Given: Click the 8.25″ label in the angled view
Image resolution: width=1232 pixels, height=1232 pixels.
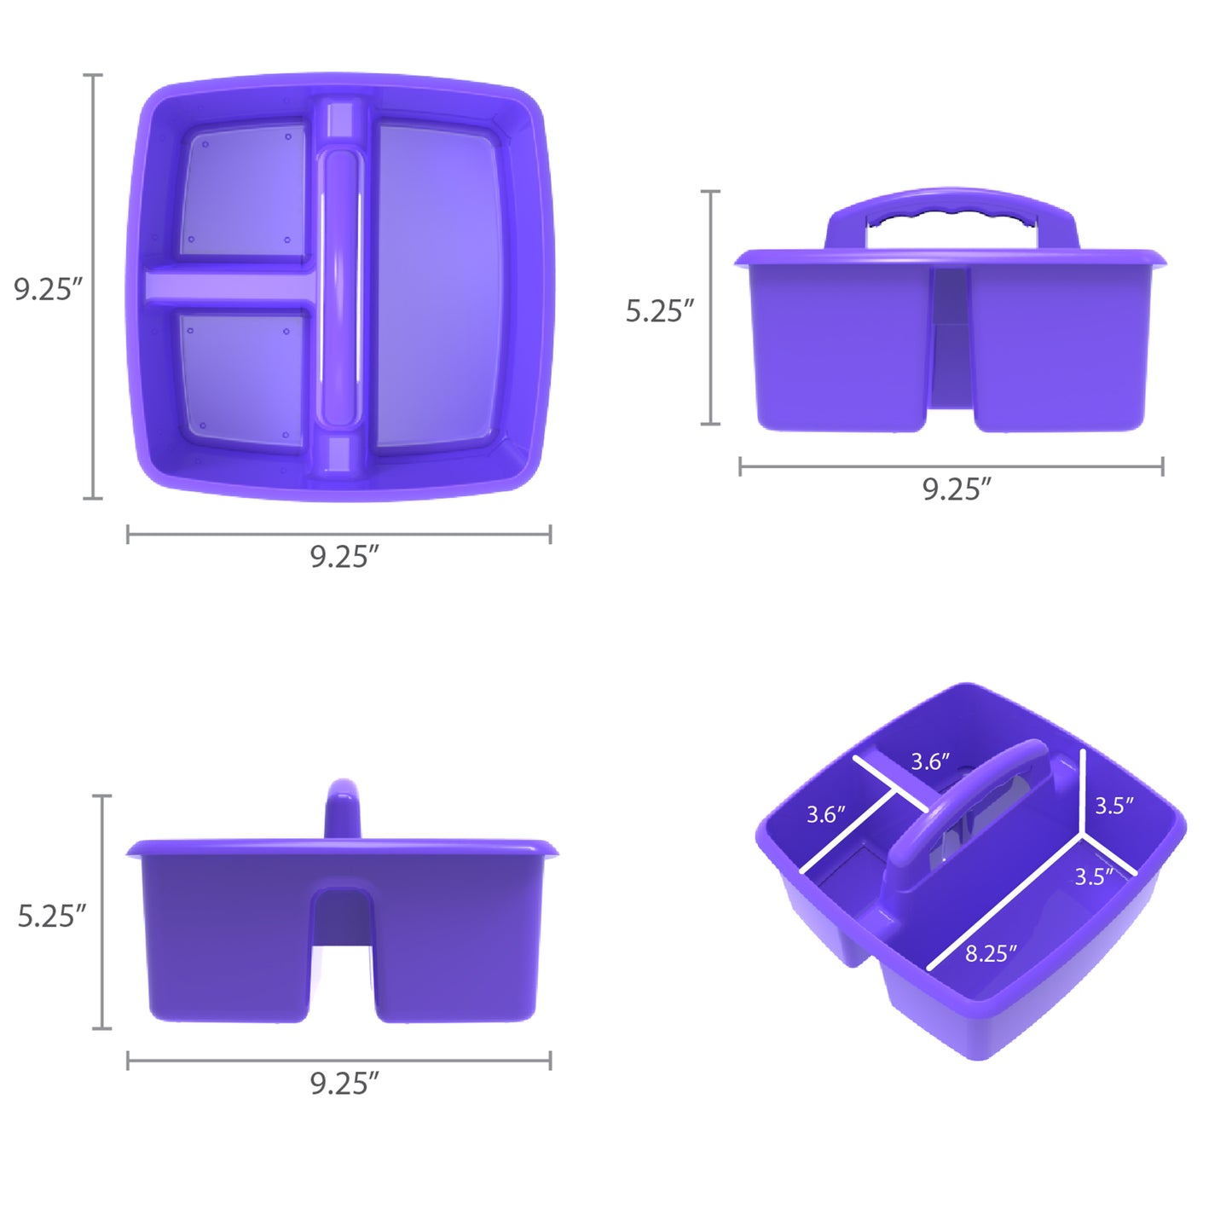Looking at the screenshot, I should pyautogui.click(x=990, y=953).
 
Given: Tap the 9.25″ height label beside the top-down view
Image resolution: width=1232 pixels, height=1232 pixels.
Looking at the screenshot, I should pyautogui.click(x=48, y=289).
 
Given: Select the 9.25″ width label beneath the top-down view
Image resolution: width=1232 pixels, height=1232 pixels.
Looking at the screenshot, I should pyautogui.click(x=344, y=557).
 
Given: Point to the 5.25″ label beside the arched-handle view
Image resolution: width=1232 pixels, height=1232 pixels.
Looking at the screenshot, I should pyautogui.click(x=659, y=311).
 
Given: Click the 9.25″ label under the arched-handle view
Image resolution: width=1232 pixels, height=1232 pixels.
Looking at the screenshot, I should pyautogui.click(x=956, y=489).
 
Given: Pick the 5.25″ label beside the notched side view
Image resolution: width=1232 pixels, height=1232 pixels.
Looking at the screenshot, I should pyautogui.click(x=51, y=916).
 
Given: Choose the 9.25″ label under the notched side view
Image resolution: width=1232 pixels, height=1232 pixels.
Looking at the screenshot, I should pyautogui.click(x=344, y=1084).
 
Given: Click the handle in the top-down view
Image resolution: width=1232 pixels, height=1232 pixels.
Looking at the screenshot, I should pyautogui.click(x=339, y=286).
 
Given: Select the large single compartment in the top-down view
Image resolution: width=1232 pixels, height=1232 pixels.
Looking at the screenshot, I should pyautogui.click(x=437, y=286).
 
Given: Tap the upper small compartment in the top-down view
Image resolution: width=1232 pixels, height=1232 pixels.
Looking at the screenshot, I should pyautogui.click(x=243, y=192).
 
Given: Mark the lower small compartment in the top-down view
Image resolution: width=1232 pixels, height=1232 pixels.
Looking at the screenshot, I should pyautogui.click(x=243, y=375).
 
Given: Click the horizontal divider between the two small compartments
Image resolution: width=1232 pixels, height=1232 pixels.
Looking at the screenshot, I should pyautogui.click(x=228, y=286).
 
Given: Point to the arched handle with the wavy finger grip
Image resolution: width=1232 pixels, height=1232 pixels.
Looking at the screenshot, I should pyautogui.click(x=951, y=209).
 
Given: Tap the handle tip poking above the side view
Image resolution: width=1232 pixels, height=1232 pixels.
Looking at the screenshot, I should pyautogui.click(x=343, y=801).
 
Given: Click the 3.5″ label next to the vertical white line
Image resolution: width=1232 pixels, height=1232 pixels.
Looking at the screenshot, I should pyautogui.click(x=1113, y=805).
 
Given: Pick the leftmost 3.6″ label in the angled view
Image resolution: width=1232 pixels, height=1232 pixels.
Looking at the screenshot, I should pyautogui.click(x=825, y=814).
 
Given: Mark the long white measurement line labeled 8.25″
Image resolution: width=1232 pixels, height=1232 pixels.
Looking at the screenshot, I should pyautogui.click(x=1006, y=904).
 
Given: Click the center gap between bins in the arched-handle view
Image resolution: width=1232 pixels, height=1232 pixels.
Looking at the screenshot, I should pyautogui.click(x=949, y=341).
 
